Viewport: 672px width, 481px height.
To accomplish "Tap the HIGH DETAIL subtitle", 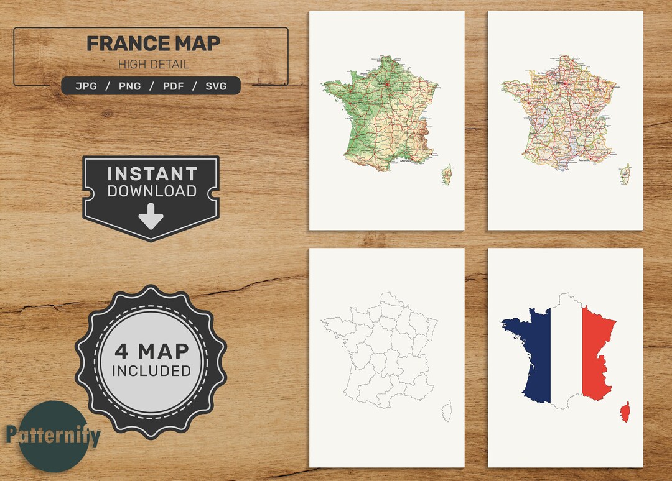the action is [x=153, y=64].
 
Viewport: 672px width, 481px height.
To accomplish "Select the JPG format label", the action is [x=86, y=86].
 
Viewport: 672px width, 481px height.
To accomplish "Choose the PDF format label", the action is [x=173, y=86].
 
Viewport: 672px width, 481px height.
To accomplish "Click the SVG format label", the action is [x=216, y=86].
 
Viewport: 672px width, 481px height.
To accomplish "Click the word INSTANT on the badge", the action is [x=152, y=173].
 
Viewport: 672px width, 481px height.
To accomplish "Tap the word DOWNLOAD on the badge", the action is [x=152, y=191].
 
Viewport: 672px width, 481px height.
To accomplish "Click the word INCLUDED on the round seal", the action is [x=151, y=371].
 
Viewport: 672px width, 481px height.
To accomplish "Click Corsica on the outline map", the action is [x=446, y=411].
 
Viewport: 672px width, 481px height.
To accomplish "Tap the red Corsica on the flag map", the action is [x=625, y=411].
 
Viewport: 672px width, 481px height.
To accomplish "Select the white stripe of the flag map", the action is [x=566, y=354].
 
